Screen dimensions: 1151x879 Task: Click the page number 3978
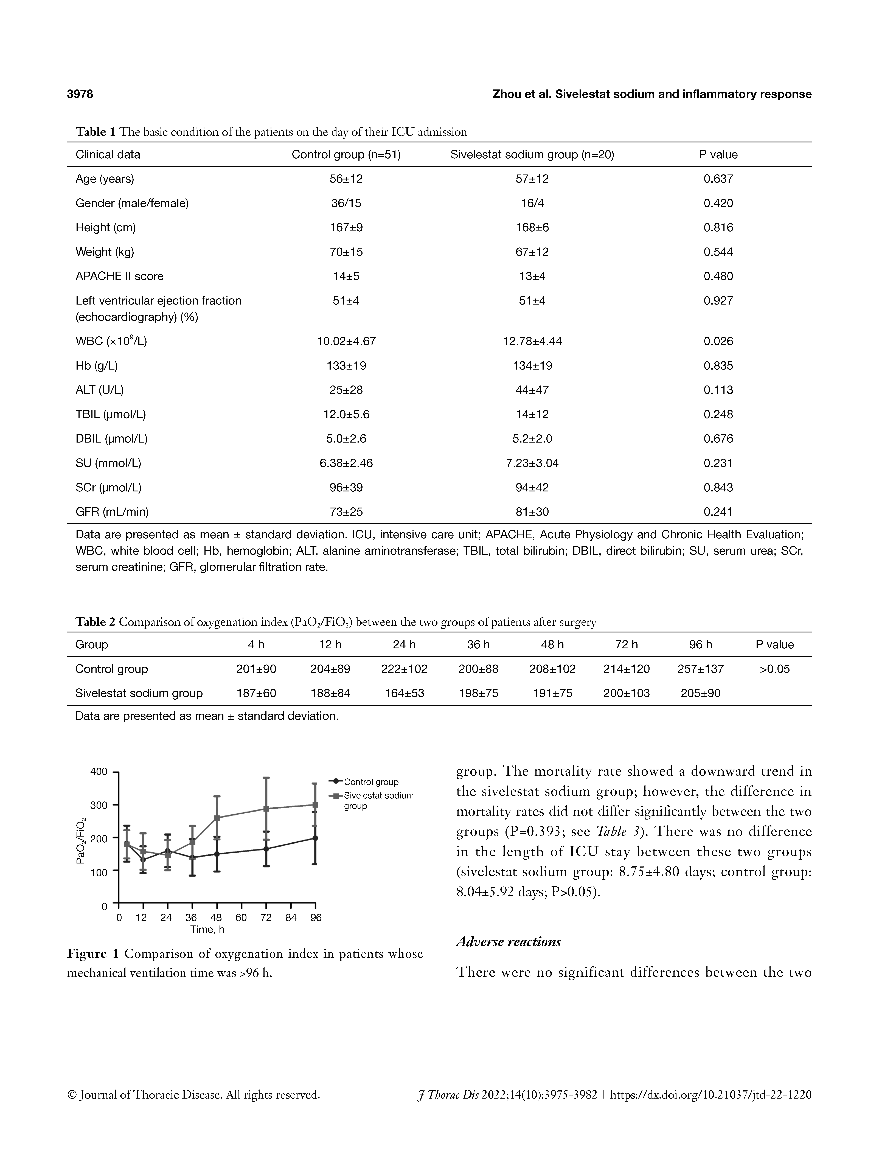[x=80, y=94]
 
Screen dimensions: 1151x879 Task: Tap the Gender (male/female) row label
[x=132, y=203]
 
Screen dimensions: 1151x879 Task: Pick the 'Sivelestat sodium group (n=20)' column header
[x=532, y=154]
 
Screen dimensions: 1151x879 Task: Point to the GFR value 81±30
[x=532, y=512]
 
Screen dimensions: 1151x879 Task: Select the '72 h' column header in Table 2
[x=626, y=645]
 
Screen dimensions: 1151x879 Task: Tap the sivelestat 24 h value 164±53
[x=405, y=693]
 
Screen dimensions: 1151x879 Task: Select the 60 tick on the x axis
[x=241, y=918]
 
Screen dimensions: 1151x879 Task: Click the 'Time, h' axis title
[x=207, y=929]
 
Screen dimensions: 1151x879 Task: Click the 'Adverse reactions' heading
[x=509, y=942]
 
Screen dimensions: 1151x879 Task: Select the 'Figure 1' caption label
[x=93, y=953]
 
